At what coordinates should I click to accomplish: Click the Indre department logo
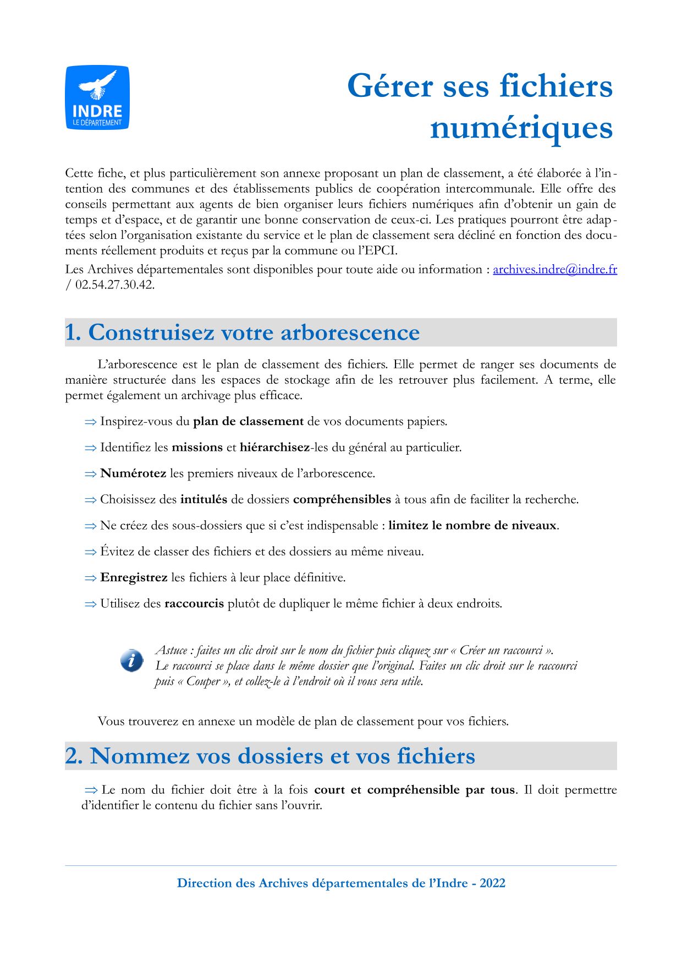(97, 98)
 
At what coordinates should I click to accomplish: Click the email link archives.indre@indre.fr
(554, 269)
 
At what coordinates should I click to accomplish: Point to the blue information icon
(131, 661)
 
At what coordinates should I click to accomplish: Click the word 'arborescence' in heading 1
(350, 332)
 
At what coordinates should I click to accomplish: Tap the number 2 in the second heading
(72, 756)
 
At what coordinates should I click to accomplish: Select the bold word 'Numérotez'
(133, 473)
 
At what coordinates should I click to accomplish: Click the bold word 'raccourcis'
(194, 603)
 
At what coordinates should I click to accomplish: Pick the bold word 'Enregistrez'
(134, 577)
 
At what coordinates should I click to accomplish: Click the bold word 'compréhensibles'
(342, 499)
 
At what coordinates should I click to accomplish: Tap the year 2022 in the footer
(492, 883)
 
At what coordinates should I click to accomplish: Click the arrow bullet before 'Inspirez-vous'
(91, 422)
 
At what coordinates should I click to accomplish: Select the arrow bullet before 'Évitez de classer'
(91, 552)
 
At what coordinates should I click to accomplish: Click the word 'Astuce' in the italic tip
(172, 650)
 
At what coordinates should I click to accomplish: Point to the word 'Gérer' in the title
(390, 86)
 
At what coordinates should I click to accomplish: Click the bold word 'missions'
(197, 448)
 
